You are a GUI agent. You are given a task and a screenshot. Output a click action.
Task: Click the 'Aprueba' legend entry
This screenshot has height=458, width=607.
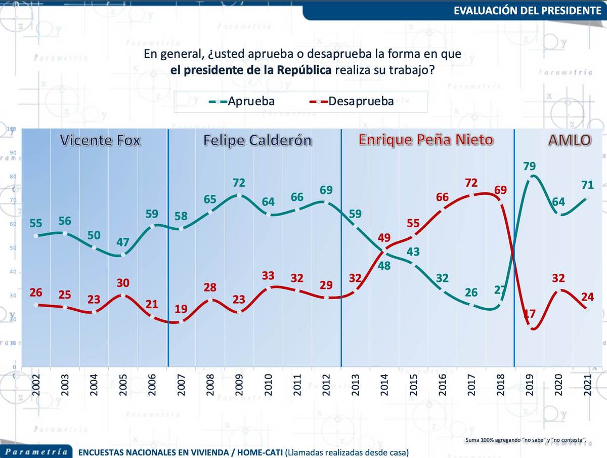(242, 101)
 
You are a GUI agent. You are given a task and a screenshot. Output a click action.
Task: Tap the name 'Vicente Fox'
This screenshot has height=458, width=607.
(100, 140)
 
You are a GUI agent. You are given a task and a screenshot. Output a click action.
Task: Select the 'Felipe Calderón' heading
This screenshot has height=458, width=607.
(257, 140)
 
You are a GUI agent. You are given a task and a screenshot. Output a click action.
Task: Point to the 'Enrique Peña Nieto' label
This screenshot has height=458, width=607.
(425, 140)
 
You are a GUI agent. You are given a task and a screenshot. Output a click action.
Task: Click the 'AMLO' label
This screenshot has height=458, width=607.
(570, 140)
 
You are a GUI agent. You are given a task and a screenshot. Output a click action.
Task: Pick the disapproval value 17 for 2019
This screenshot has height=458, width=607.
(529, 314)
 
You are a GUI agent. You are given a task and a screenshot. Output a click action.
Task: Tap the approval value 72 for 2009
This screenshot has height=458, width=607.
(239, 183)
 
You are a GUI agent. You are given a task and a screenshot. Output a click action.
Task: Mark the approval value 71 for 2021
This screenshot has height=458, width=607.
(587, 185)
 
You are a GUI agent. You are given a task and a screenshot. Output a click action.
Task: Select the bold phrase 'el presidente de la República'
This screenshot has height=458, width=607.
(251, 70)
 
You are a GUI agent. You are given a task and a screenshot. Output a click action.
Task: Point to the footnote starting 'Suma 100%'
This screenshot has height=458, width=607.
(526, 440)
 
